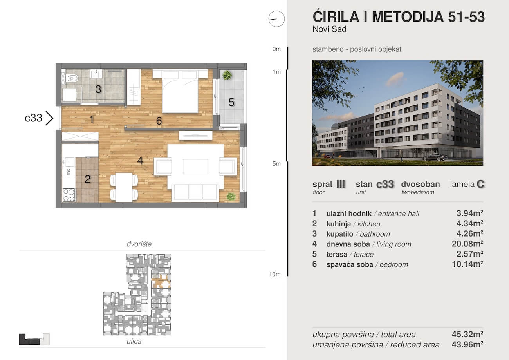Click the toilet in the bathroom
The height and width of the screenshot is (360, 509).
point(72,78)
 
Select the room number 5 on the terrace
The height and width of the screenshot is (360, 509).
point(231,102)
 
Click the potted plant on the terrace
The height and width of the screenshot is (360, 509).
point(227,75)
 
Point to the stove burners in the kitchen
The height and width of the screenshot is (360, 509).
point(69,195)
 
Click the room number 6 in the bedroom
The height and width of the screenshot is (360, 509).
point(159,121)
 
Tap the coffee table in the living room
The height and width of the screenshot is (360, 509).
point(195,166)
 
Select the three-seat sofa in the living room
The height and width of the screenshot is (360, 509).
point(195,193)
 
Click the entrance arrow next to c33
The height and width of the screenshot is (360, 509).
point(49,118)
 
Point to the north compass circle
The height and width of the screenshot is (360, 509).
point(276,19)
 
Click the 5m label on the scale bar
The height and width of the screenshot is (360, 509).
point(276,164)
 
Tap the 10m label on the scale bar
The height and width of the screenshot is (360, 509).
point(275,274)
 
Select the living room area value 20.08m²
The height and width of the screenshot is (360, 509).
point(467,244)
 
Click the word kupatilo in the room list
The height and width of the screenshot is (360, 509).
point(340,234)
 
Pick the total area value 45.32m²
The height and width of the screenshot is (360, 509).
point(467,334)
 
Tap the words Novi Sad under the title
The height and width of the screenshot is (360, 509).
point(330,29)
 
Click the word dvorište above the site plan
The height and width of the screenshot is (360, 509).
point(139,244)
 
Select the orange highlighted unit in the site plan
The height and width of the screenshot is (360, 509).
point(161,282)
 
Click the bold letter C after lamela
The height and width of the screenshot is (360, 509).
point(481,184)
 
